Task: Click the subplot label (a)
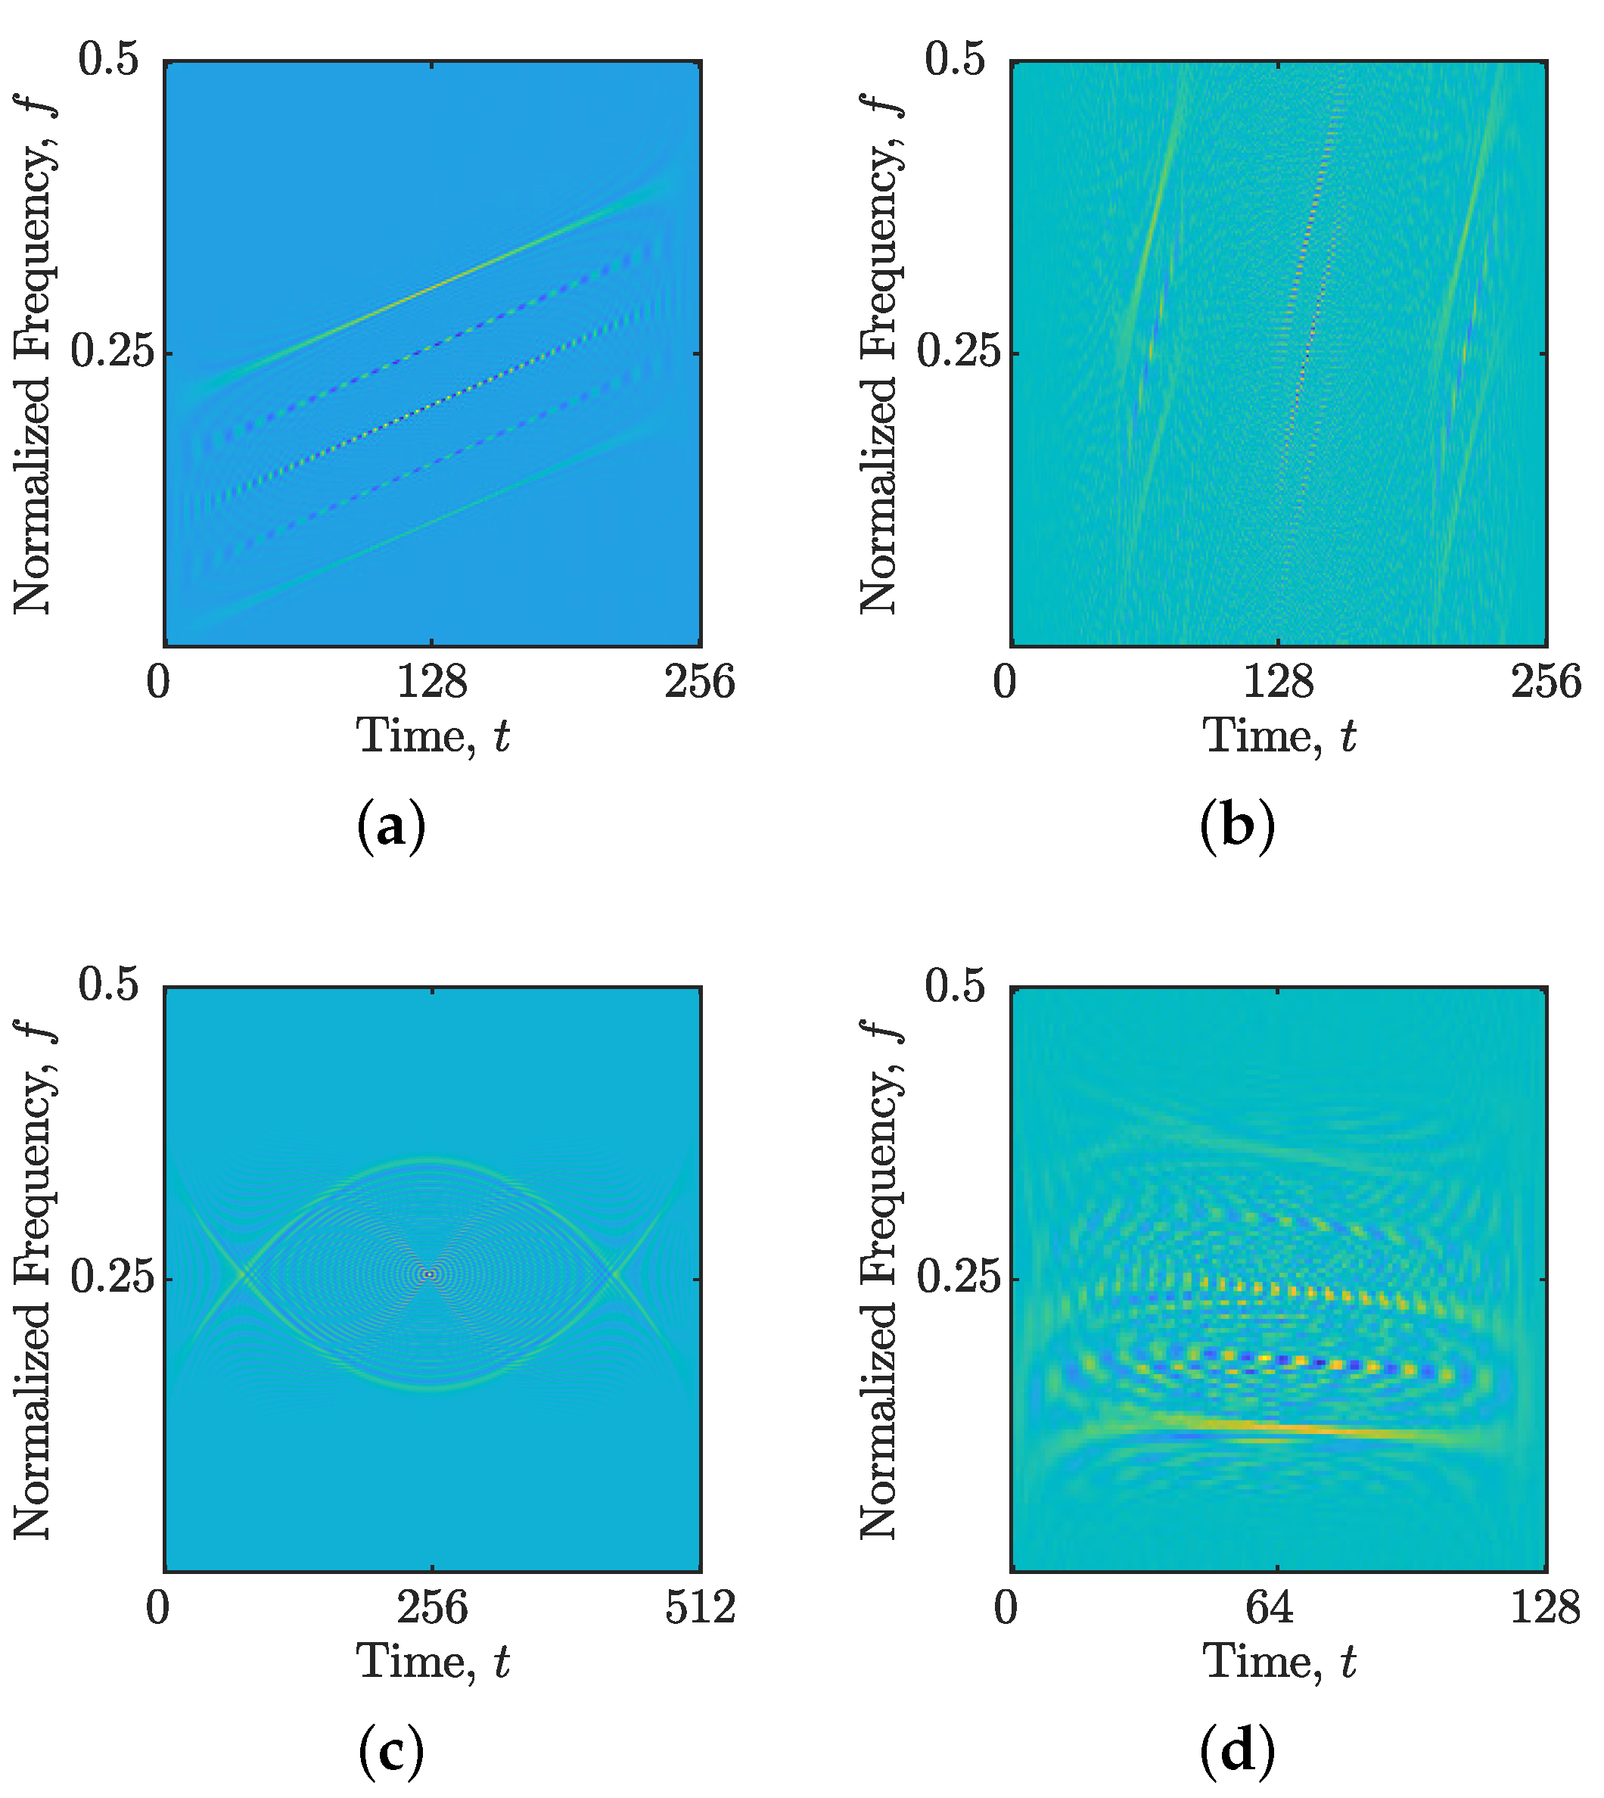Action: (x=391, y=826)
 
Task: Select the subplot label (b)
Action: (x=1237, y=826)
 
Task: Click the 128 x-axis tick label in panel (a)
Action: (x=432, y=682)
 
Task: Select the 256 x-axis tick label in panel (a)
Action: (x=700, y=682)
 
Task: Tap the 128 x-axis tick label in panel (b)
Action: (x=1278, y=682)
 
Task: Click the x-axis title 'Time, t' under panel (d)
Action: (x=1279, y=1661)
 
